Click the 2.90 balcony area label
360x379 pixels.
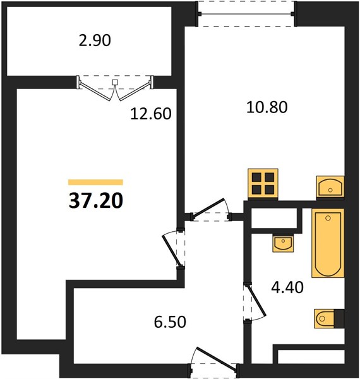point(95,40)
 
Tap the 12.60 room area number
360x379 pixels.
point(151,114)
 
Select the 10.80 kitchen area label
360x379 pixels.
point(267,107)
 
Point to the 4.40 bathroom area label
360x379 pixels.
point(287,287)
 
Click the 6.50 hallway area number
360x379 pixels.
point(170,322)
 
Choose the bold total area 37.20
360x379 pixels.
point(96,201)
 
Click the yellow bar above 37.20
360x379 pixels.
point(95,183)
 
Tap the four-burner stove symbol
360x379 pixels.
point(263,184)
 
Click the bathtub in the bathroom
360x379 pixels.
point(328,243)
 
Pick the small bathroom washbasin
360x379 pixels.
point(283,244)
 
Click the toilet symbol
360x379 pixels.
point(325,318)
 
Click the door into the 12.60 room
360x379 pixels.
point(172,251)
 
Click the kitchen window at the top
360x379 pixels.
point(246,14)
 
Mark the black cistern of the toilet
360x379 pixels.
point(339,318)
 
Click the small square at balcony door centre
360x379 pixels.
point(115,82)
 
